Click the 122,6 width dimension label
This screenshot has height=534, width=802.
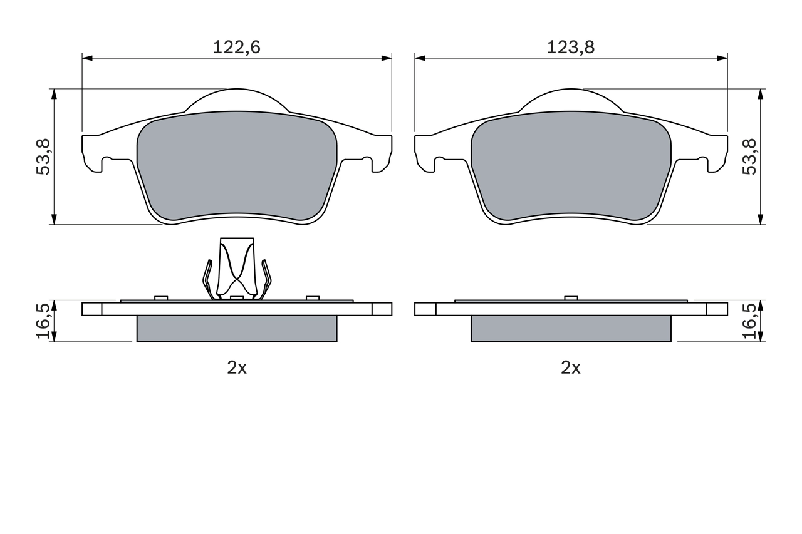(x=236, y=47)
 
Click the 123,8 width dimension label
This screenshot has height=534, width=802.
(x=570, y=47)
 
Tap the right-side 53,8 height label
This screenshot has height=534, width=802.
(x=750, y=157)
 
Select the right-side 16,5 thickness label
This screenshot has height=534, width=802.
(x=750, y=321)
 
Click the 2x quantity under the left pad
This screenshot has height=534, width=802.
(x=237, y=368)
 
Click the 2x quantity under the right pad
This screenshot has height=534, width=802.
(x=570, y=368)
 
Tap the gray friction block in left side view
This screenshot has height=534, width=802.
(x=237, y=329)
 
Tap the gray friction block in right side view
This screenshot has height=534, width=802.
(x=571, y=329)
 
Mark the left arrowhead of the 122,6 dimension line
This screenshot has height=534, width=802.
(x=87, y=58)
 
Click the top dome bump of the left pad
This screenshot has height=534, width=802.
(x=237, y=100)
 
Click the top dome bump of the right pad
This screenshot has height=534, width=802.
(x=571, y=100)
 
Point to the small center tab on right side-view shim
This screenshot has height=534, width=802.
(x=570, y=298)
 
